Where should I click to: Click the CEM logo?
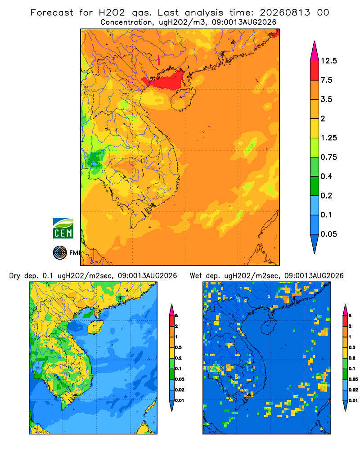click(x=63, y=229)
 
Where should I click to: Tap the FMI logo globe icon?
click(x=60, y=253)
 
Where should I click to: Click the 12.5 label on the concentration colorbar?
click(x=328, y=61)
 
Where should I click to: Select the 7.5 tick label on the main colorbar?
click(x=326, y=80)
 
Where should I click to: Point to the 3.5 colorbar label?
click(x=326, y=99)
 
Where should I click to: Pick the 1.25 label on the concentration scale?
click(x=328, y=138)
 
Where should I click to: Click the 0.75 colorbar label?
click(x=328, y=157)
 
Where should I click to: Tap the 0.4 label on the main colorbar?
click(x=326, y=176)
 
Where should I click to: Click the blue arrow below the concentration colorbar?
click(x=315, y=243)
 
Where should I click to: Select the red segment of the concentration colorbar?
click(x=315, y=70)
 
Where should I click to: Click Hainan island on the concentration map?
click(x=183, y=99)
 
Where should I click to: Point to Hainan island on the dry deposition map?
click(x=95, y=327)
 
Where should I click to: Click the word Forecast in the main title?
click(x=52, y=13)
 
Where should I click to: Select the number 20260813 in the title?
click(x=285, y=13)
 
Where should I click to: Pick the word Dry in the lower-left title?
click(x=15, y=276)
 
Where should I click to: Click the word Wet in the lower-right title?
click(x=196, y=276)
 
